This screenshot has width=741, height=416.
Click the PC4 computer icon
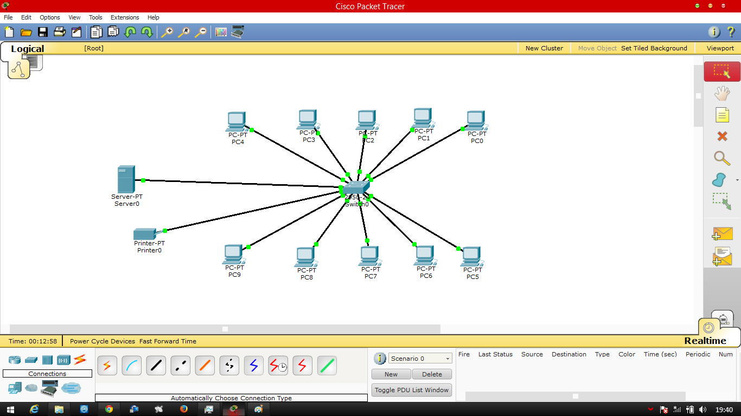(236, 121)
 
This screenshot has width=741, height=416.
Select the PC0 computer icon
(476, 120)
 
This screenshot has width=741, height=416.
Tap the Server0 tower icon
(126, 179)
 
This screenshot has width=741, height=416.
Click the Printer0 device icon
(145, 234)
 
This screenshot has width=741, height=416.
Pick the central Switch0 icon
(356, 188)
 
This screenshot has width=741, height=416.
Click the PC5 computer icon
(471, 256)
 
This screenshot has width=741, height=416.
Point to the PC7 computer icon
(369, 256)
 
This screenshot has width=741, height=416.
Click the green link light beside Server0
(143, 180)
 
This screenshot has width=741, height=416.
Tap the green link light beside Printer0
(165, 230)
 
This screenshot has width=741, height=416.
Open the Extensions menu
(125, 17)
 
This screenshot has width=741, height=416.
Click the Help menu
(154, 17)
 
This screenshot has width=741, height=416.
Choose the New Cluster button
(544, 48)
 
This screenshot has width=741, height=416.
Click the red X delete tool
(722, 136)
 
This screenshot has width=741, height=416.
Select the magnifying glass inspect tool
(722, 158)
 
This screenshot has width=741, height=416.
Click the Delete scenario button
(432, 374)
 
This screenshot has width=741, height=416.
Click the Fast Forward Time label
(168, 341)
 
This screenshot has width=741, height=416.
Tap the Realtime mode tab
(705, 341)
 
